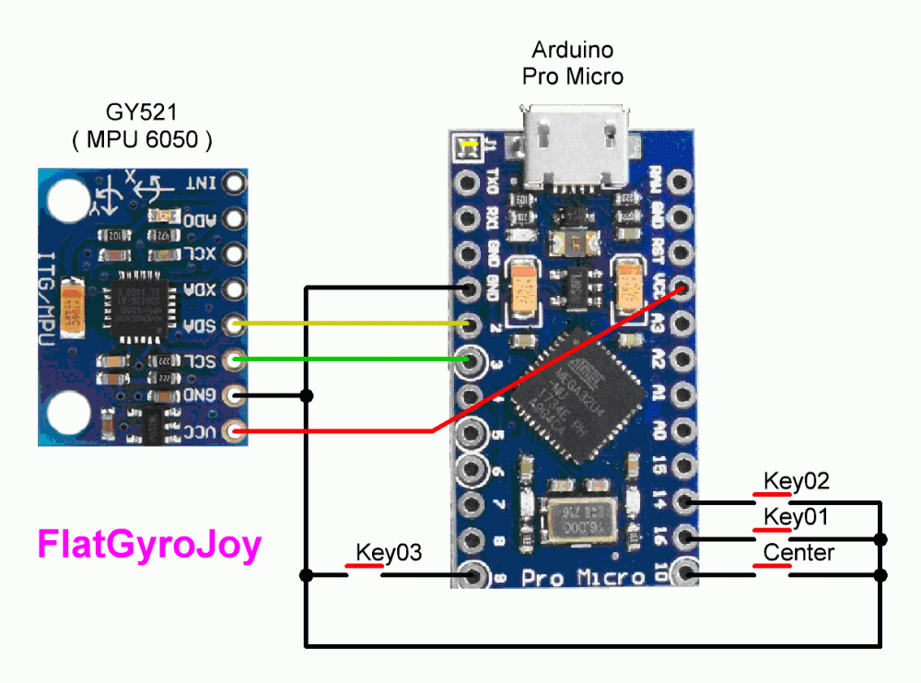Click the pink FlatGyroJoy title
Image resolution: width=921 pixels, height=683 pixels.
(149, 544)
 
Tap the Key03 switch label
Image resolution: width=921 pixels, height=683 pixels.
(389, 552)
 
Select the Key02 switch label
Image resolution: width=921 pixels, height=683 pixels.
(797, 480)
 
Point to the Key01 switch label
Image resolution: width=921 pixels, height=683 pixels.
(797, 517)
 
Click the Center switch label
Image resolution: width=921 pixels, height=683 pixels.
(799, 552)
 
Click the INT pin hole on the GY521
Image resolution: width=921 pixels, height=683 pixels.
(236, 183)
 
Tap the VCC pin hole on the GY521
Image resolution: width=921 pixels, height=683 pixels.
(236, 430)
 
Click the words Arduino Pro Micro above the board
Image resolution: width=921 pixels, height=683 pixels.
(572, 63)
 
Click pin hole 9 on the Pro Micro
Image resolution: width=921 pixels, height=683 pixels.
(474, 576)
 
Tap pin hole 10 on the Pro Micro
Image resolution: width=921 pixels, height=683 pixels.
(684, 575)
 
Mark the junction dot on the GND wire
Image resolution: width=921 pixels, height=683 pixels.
(307, 396)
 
